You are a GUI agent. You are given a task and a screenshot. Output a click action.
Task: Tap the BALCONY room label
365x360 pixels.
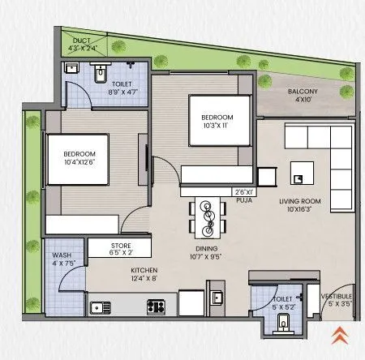point(307,91)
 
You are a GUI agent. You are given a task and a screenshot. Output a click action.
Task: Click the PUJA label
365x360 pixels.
point(243,201)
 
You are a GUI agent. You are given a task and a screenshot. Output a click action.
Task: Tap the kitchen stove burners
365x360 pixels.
point(155,306)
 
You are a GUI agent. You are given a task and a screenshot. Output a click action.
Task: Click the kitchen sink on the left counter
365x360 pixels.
point(101,306)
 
